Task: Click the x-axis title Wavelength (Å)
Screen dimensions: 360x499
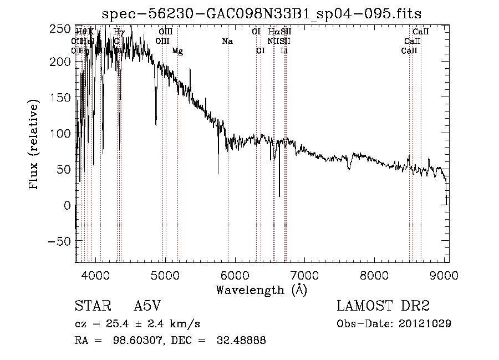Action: [261, 290]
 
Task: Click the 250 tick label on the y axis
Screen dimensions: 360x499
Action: [60, 29]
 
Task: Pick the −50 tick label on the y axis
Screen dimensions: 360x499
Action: [58, 241]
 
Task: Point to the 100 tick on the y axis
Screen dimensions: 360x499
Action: [75, 134]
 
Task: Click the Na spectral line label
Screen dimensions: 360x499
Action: [227, 41]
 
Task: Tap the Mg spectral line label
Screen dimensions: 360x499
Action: [177, 50]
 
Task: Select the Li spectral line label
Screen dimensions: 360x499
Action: [284, 50]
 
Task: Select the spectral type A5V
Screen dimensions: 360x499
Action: [147, 307]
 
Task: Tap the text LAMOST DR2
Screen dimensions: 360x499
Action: [383, 306]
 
